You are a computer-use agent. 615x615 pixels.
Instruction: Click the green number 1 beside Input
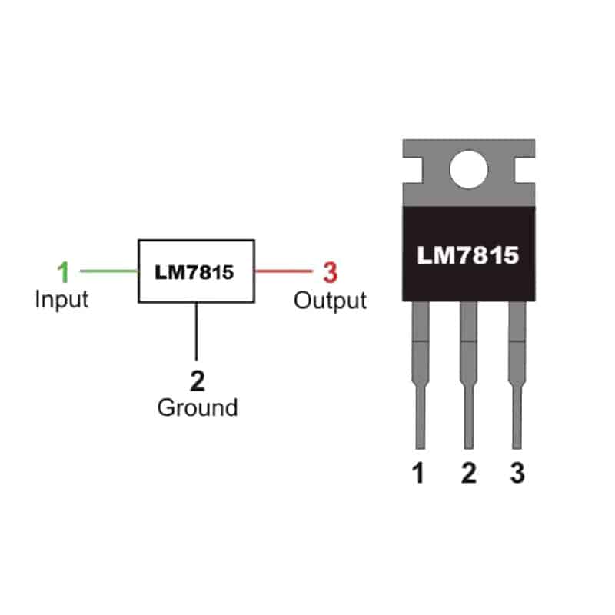pyautogui.click(x=64, y=272)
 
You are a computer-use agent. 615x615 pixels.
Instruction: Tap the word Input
pyautogui.click(x=61, y=300)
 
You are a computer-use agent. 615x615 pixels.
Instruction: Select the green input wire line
pyautogui.click(x=109, y=271)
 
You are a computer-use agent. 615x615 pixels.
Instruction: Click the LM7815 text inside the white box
pyautogui.click(x=194, y=272)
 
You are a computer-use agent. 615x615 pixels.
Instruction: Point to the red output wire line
pyautogui.click(x=284, y=271)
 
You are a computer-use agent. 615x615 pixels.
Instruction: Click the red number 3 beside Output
pyautogui.click(x=331, y=272)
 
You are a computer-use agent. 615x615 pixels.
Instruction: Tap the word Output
pyautogui.click(x=331, y=301)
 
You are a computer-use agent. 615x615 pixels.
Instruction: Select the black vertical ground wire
pyautogui.click(x=196, y=331)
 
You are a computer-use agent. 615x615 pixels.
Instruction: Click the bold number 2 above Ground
pyautogui.click(x=198, y=381)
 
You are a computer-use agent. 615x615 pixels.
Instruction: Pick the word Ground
pyautogui.click(x=198, y=407)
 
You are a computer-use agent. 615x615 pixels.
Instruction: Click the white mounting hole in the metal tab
pyautogui.click(x=469, y=169)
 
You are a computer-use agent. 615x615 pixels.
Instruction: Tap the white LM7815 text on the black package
pyautogui.click(x=468, y=255)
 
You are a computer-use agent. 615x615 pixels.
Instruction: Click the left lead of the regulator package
pyautogui.click(x=421, y=375)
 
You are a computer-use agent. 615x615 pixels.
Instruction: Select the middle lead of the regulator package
pyautogui.click(x=469, y=375)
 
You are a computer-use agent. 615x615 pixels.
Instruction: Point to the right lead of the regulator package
pyautogui.click(x=517, y=375)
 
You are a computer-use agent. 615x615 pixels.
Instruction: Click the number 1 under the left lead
pyautogui.click(x=418, y=473)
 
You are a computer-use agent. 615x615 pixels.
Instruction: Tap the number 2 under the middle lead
pyautogui.click(x=469, y=473)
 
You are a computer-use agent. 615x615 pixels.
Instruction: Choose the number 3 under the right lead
pyautogui.click(x=517, y=473)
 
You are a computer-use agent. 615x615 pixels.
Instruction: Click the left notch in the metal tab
pyautogui.click(x=413, y=170)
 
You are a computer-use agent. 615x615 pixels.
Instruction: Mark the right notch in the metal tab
pyautogui.click(x=525, y=170)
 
